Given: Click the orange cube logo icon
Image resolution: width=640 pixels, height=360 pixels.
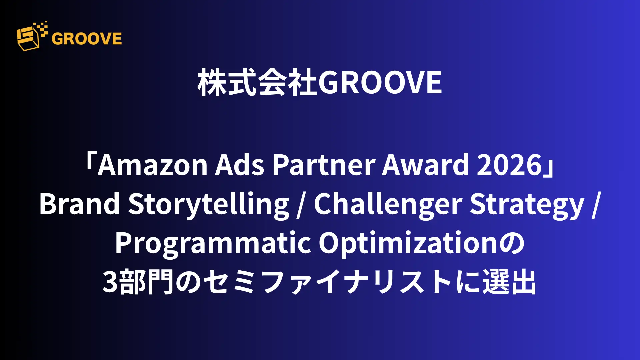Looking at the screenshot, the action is click(32, 36).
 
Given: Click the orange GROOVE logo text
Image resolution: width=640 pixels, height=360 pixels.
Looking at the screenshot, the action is click(87, 38).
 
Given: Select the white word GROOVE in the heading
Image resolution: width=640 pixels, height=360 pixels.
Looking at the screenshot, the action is click(380, 83).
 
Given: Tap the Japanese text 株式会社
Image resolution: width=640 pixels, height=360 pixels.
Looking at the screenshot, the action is click(258, 83).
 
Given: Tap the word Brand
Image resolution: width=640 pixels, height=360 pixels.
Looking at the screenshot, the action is click(79, 204).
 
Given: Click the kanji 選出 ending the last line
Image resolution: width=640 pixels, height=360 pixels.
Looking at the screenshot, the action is click(509, 282).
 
